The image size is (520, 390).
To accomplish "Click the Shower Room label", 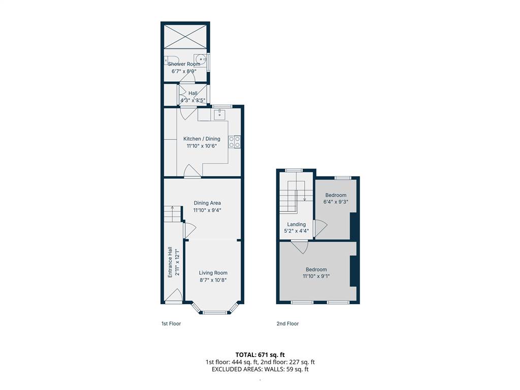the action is pos(184,64).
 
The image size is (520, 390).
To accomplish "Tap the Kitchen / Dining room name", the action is pos(202,139).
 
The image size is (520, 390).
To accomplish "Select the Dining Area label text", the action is pos(207,203).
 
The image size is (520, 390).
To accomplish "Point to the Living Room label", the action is pos(213,273).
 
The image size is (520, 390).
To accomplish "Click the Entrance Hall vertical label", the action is pos(170,262).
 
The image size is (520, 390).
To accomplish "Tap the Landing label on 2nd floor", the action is pos(297,224).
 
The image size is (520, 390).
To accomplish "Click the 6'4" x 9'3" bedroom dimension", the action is pos(336,202).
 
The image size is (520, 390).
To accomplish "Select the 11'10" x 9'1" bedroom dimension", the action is pos(316,276).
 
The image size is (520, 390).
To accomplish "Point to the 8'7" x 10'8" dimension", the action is pos(213,280).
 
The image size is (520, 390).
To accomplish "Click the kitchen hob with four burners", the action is pos(235,142).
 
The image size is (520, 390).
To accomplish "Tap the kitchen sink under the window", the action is pos(219,115).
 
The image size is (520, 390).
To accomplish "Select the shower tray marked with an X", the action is pos(185,37).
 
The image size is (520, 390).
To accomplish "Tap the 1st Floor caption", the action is pos(171,323).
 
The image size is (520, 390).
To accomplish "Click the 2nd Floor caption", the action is pos(287,323).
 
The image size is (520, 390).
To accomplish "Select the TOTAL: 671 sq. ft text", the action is pos(260,354).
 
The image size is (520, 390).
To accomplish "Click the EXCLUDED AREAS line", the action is pos(260,369).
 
